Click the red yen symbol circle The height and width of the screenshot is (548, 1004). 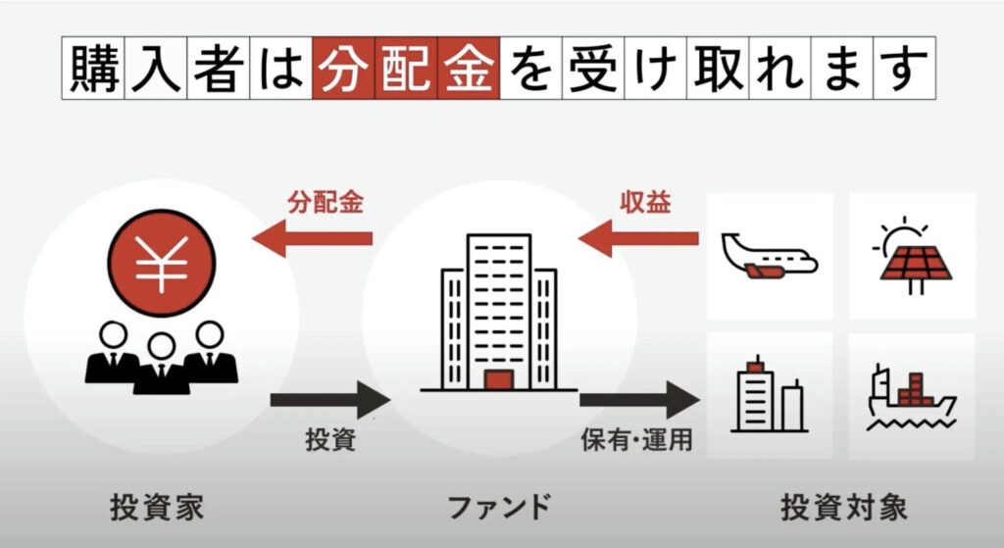(161, 262)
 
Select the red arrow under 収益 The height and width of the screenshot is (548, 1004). (638, 238)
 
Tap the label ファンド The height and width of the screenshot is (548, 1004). (499, 509)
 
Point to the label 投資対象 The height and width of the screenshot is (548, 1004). (843, 509)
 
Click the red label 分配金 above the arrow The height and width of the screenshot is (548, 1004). (326, 203)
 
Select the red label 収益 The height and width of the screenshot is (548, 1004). (644, 203)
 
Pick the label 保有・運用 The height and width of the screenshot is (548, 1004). (636, 440)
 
